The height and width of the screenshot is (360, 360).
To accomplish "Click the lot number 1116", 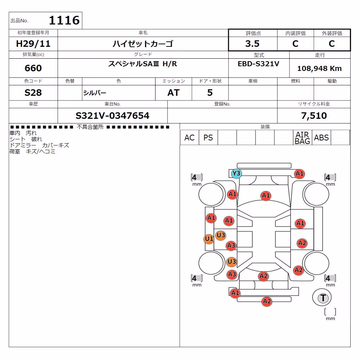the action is tap(64, 20).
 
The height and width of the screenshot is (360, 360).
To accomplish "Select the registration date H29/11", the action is tap(33, 44).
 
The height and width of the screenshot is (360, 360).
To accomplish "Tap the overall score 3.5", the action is tap(252, 44).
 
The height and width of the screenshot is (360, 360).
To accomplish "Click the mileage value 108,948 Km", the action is tap(319, 68).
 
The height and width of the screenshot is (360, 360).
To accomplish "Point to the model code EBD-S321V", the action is tap(258, 64).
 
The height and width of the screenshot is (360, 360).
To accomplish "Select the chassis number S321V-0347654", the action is tap(112, 116).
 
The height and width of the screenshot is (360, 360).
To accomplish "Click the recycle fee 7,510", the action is tap(314, 116).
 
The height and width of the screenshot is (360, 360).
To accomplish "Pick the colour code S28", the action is tap(33, 93).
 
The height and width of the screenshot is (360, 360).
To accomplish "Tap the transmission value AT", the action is tap(174, 93).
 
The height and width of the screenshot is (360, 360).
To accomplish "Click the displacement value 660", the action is tap(33, 68).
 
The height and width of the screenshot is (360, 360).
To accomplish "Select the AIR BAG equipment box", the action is tap(302, 138).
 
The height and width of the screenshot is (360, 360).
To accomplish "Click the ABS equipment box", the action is tap(321, 138).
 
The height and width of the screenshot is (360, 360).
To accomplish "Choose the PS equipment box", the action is tap(208, 138).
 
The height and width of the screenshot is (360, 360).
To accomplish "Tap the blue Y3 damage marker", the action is tap(236, 174).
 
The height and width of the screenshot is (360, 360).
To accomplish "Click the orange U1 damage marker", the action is tap(209, 239).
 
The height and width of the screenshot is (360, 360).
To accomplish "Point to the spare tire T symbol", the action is tap(323, 298).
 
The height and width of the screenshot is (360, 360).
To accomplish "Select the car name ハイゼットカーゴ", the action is tap(143, 44).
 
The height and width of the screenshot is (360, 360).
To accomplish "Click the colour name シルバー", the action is tap(95, 93).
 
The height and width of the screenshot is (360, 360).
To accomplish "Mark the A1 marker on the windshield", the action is tap(266, 195).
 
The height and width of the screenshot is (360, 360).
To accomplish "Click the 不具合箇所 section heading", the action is tap(90, 127).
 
